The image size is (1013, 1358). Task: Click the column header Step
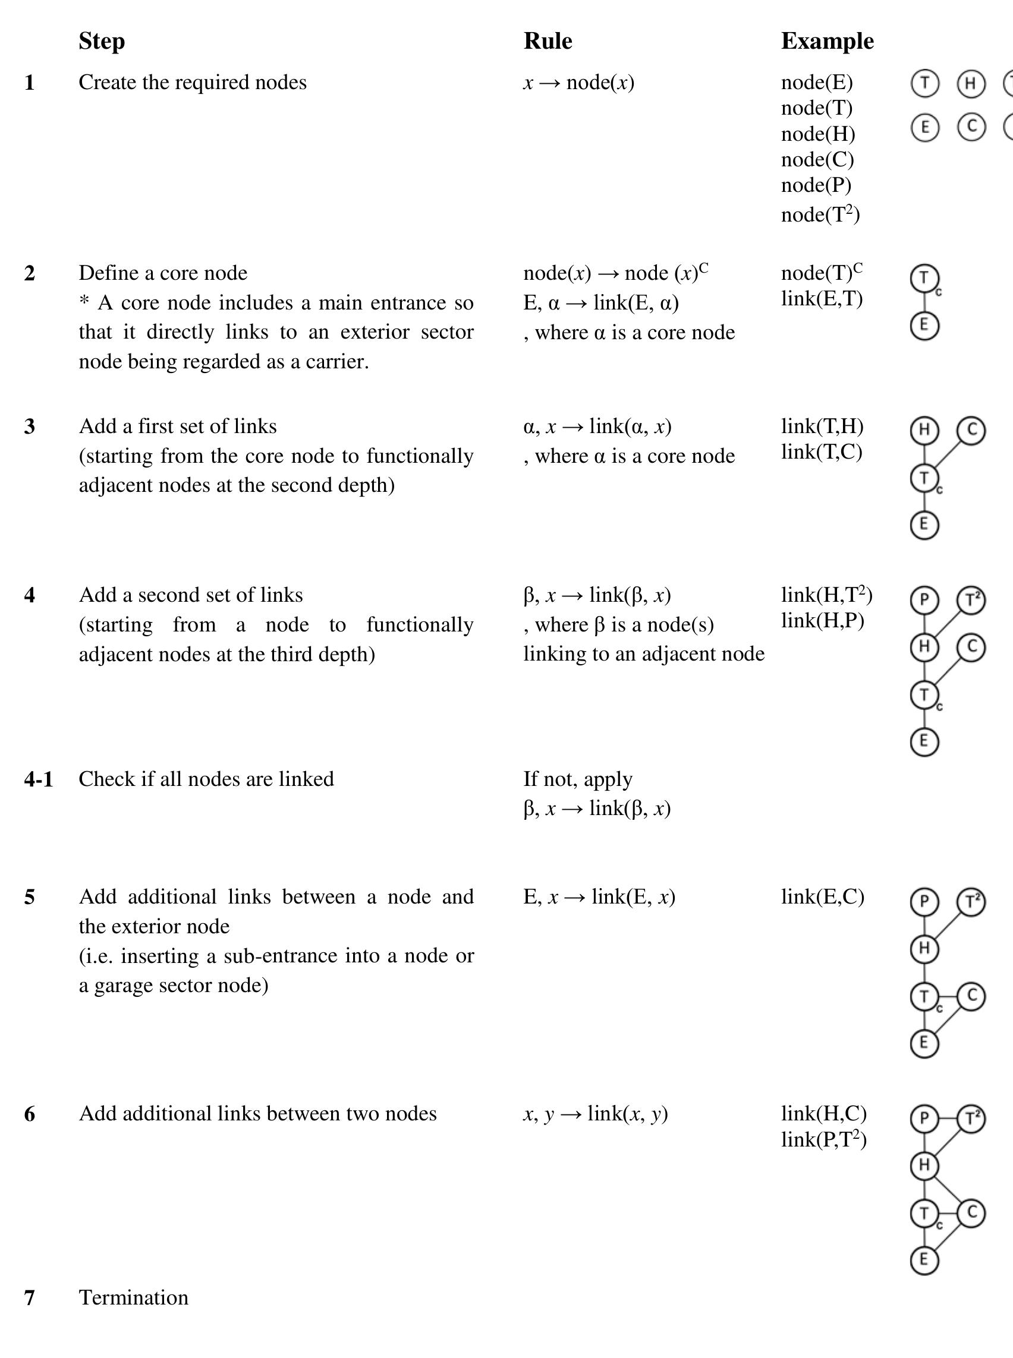[102, 41]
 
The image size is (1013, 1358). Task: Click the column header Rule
[548, 41]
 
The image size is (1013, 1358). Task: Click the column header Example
[827, 41]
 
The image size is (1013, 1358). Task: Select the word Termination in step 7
[134, 1297]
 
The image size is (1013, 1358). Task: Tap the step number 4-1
[39, 779]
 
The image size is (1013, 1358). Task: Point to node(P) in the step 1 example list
[816, 185]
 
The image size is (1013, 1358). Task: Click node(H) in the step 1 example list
[817, 134]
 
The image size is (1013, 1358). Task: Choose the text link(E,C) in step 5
[822, 896]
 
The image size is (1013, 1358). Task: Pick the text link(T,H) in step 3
[822, 426]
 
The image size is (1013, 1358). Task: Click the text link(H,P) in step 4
[822, 621]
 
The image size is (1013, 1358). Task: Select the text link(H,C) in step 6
[823, 1113]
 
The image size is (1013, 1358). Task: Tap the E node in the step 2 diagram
[924, 325]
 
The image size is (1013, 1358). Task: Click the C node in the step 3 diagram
[971, 430]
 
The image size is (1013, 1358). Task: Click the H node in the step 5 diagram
[924, 949]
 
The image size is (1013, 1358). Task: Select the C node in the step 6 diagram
[971, 1213]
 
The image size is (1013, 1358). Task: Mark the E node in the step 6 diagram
[924, 1260]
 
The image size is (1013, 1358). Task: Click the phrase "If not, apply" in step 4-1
[578, 779]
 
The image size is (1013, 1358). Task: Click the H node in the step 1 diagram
[971, 84]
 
